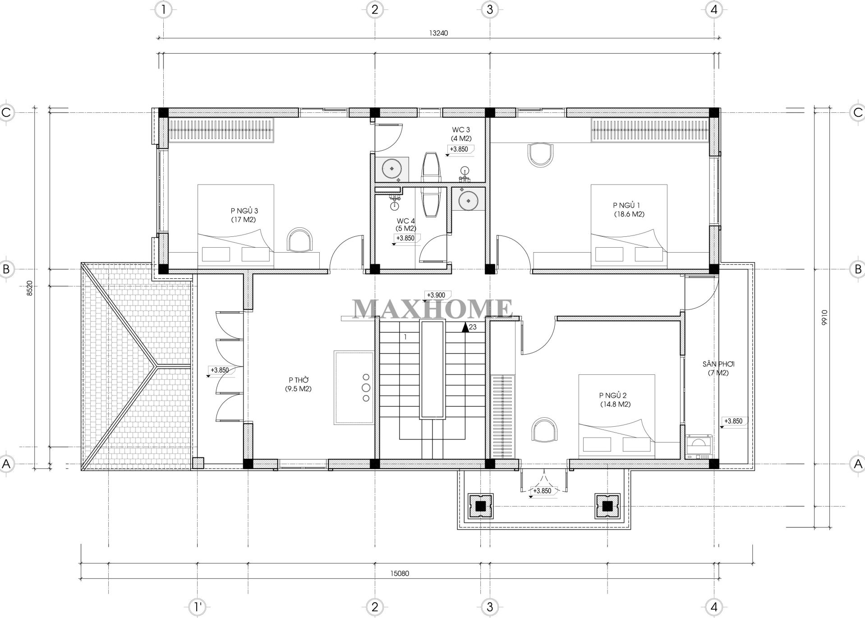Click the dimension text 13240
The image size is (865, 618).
(438, 32)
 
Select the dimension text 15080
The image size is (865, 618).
(400, 574)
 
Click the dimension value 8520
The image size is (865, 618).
(30, 287)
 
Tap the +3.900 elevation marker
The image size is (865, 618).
(436, 295)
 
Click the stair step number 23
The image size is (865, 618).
(473, 327)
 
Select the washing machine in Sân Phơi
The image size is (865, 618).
(698, 447)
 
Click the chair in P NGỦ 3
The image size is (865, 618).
(299, 240)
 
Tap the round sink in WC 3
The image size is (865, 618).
(391, 169)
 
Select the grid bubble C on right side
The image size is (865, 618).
(858, 112)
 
